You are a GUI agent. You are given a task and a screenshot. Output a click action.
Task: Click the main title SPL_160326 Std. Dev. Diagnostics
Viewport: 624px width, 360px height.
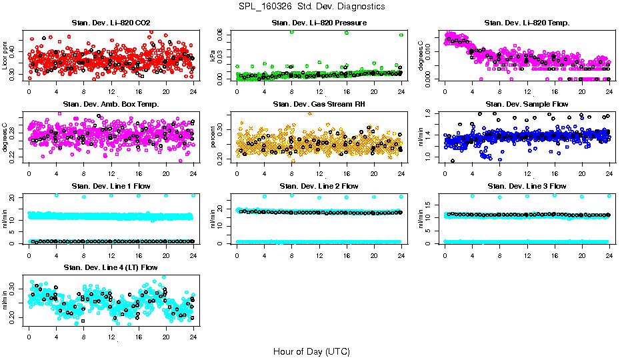[311, 7]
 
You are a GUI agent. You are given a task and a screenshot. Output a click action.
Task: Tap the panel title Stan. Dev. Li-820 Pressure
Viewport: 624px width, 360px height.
[319, 23]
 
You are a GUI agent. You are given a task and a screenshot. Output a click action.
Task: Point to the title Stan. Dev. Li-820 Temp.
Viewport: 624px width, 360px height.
[527, 23]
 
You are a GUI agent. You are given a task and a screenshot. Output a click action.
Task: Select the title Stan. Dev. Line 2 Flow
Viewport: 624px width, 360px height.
[319, 186]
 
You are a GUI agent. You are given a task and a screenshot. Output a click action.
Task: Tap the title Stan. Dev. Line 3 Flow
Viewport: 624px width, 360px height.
[527, 186]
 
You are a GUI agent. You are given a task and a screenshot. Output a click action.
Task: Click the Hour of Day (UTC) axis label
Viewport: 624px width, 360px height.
[311, 351]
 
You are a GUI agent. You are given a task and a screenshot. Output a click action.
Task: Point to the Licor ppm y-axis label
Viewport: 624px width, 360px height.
[5, 56]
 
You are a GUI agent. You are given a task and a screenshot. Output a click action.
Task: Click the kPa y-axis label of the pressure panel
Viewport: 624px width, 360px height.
[213, 57]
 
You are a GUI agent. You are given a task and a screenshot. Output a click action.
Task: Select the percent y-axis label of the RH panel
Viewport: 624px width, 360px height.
[213, 138]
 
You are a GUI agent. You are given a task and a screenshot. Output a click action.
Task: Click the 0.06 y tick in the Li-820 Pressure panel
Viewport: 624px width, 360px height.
[225, 35]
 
